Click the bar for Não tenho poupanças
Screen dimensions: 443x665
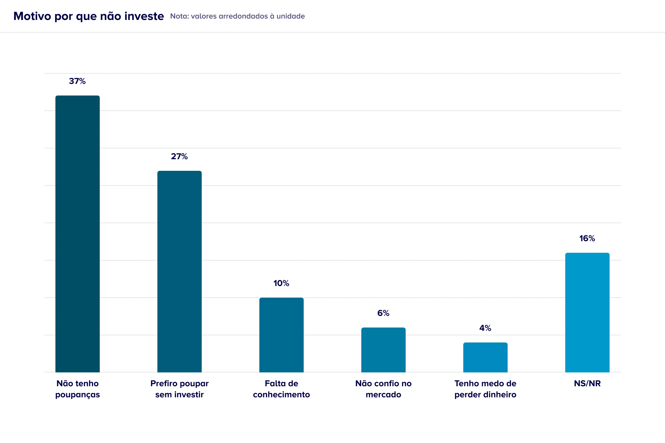78,234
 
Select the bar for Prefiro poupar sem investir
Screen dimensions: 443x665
180,272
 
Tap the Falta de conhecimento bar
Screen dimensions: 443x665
281,335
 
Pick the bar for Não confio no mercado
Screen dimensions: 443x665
383,350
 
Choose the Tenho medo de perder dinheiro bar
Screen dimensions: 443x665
485,357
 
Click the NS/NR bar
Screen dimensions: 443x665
587,313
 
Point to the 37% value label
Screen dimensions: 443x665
77,81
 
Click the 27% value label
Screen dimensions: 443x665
179,156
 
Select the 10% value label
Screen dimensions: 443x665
281,283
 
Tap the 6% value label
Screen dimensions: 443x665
383,313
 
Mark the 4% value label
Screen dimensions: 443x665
485,328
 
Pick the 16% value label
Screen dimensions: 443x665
587,238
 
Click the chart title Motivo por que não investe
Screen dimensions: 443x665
88,16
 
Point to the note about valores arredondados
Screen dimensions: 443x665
237,16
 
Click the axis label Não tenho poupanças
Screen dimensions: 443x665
78,389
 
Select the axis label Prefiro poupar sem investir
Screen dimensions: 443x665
180,389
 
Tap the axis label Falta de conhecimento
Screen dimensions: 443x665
281,389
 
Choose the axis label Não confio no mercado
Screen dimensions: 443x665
383,389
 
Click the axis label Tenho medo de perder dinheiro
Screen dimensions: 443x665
485,389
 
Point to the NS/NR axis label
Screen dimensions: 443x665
587,383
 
